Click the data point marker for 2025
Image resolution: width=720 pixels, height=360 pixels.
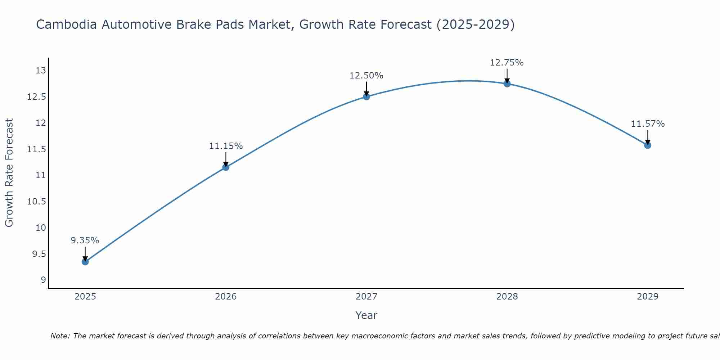pyautogui.click(x=85, y=262)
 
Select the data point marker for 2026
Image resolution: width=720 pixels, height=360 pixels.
pyautogui.click(x=226, y=167)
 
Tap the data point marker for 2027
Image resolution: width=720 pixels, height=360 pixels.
pyautogui.click(x=366, y=96)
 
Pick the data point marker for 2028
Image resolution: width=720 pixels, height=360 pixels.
pyautogui.click(x=507, y=84)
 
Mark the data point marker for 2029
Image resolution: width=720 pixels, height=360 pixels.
pyautogui.click(x=648, y=145)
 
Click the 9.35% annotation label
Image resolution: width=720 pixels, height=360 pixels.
pyautogui.click(x=85, y=240)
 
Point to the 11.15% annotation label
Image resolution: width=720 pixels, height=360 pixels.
pyautogui.click(x=226, y=146)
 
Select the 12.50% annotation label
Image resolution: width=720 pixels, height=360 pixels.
pyautogui.click(x=366, y=76)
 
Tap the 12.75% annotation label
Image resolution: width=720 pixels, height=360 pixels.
pyautogui.click(x=507, y=63)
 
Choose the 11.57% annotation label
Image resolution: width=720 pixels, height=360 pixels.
pyautogui.click(x=648, y=124)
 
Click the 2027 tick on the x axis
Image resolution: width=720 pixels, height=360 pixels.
pyautogui.click(x=366, y=297)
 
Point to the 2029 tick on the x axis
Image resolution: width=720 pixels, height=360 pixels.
pyautogui.click(x=648, y=297)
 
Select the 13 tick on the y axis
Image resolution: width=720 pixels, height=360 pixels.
pyautogui.click(x=41, y=71)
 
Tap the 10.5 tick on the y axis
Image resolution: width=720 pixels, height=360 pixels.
pyautogui.click(x=37, y=202)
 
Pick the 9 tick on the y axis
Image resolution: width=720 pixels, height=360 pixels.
pyautogui.click(x=43, y=280)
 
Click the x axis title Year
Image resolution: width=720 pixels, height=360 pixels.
pyautogui.click(x=366, y=315)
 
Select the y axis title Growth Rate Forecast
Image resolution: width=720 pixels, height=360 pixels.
pyautogui.click(x=9, y=173)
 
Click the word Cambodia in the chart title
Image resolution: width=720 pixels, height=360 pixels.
pyautogui.click(x=67, y=24)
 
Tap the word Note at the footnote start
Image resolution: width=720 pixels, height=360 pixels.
pyautogui.click(x=60, y=336)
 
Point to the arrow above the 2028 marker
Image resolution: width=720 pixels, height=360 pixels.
pyautogui.click(x=507, y=76)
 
